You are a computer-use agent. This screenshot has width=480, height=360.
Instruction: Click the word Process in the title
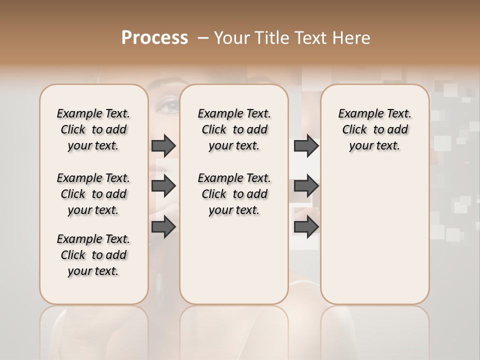point(154,38)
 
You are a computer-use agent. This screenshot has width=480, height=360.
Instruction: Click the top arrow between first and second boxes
point(163,145)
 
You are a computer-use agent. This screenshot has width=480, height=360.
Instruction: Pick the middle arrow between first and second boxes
point(163,186)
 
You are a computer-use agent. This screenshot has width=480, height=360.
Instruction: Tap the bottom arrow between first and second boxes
point(163,227)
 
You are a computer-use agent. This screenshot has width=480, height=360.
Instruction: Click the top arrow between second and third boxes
point(306,145)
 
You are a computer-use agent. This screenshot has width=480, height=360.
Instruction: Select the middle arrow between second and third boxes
point(306,186)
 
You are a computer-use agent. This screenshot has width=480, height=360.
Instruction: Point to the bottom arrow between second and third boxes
point(306,227)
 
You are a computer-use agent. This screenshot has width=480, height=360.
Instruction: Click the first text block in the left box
point(93,129)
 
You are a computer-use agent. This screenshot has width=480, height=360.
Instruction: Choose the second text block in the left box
point(93,194)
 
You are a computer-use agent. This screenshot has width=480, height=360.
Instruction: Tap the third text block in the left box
point(93,255)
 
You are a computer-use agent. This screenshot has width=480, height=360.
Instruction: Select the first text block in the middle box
point(234,129)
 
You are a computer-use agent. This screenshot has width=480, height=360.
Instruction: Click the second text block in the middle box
point(234,194)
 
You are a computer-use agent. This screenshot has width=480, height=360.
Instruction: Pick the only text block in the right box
point(374,129)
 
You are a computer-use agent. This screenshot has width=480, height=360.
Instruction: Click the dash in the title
point(203,38)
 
